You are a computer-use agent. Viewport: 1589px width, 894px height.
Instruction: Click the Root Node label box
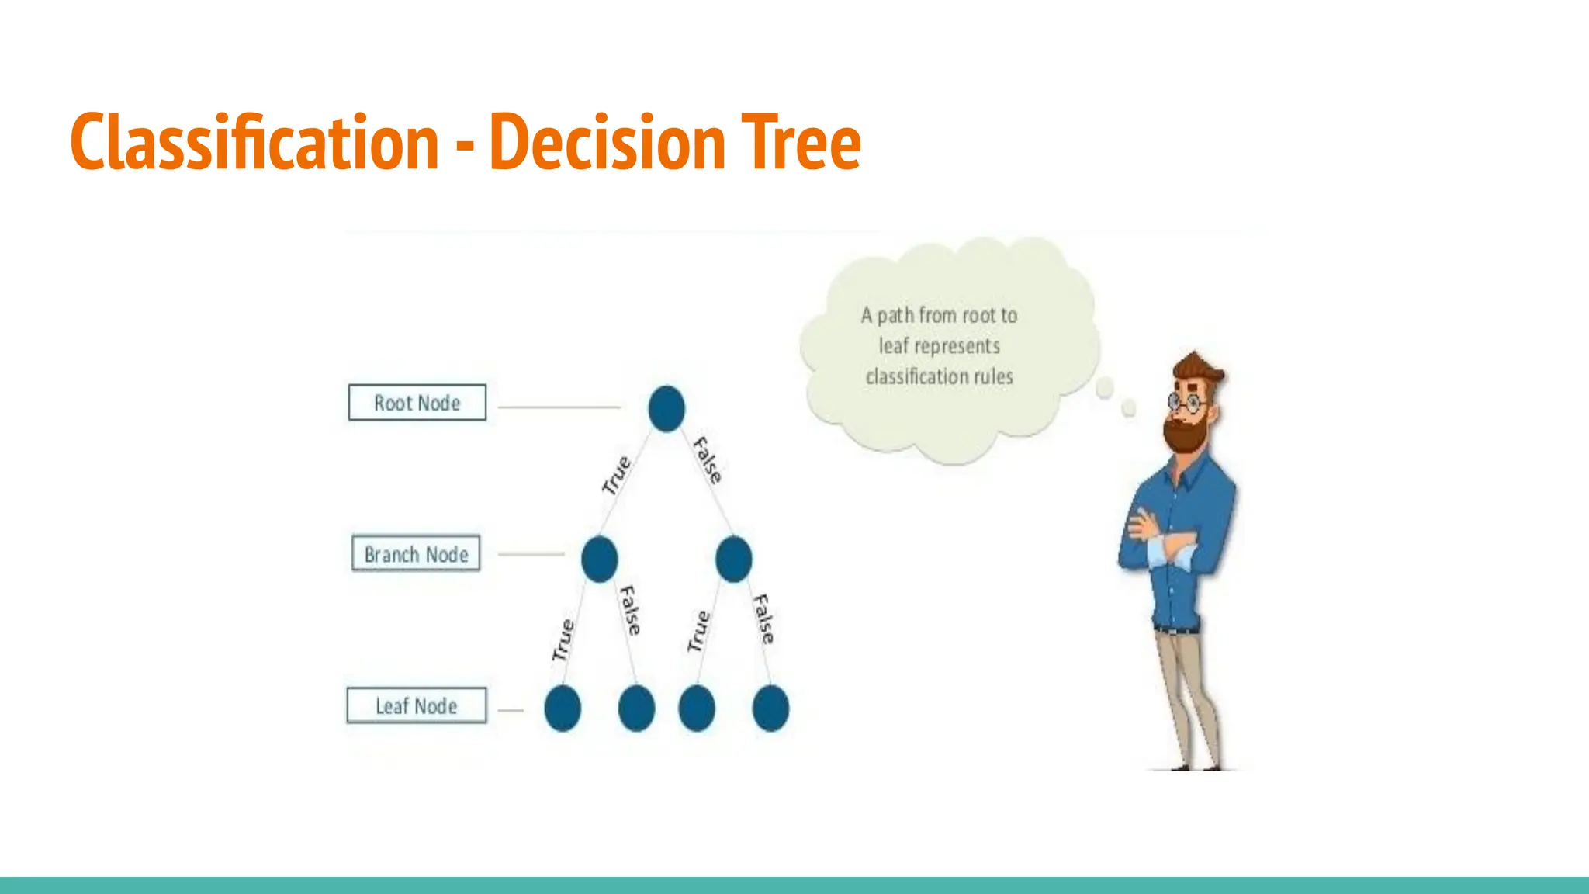click(x=417, y=403)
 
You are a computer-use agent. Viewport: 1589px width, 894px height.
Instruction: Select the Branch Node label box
click(x=417, y=554)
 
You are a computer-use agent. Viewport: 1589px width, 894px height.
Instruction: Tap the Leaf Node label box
click(x=417, y=705)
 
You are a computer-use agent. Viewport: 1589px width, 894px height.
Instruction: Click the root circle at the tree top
click(x=666, y=408)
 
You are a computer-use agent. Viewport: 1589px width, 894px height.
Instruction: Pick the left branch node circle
click(x=599, y=559)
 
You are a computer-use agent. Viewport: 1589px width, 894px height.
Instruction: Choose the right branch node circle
click(x=734, y=559)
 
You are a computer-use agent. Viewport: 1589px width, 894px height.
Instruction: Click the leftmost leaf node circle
click(x=563, y=708)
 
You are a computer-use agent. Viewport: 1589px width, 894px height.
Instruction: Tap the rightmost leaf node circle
click(x=770, y=708)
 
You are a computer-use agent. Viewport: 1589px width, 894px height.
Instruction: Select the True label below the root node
click(x=618, y=475)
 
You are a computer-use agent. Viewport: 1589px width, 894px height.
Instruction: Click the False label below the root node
click(x=708, y=460)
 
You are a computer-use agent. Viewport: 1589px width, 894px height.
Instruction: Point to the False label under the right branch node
click(x=764, y=619)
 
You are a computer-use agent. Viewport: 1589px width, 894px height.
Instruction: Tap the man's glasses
click(x=1184, y=402)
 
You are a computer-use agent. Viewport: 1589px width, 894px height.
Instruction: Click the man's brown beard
click(x=1185, y=435)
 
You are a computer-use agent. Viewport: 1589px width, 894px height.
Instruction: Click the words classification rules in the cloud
click(x=939, y=376)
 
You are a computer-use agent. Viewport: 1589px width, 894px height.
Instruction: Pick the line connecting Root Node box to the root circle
click(x=559, y=407)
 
